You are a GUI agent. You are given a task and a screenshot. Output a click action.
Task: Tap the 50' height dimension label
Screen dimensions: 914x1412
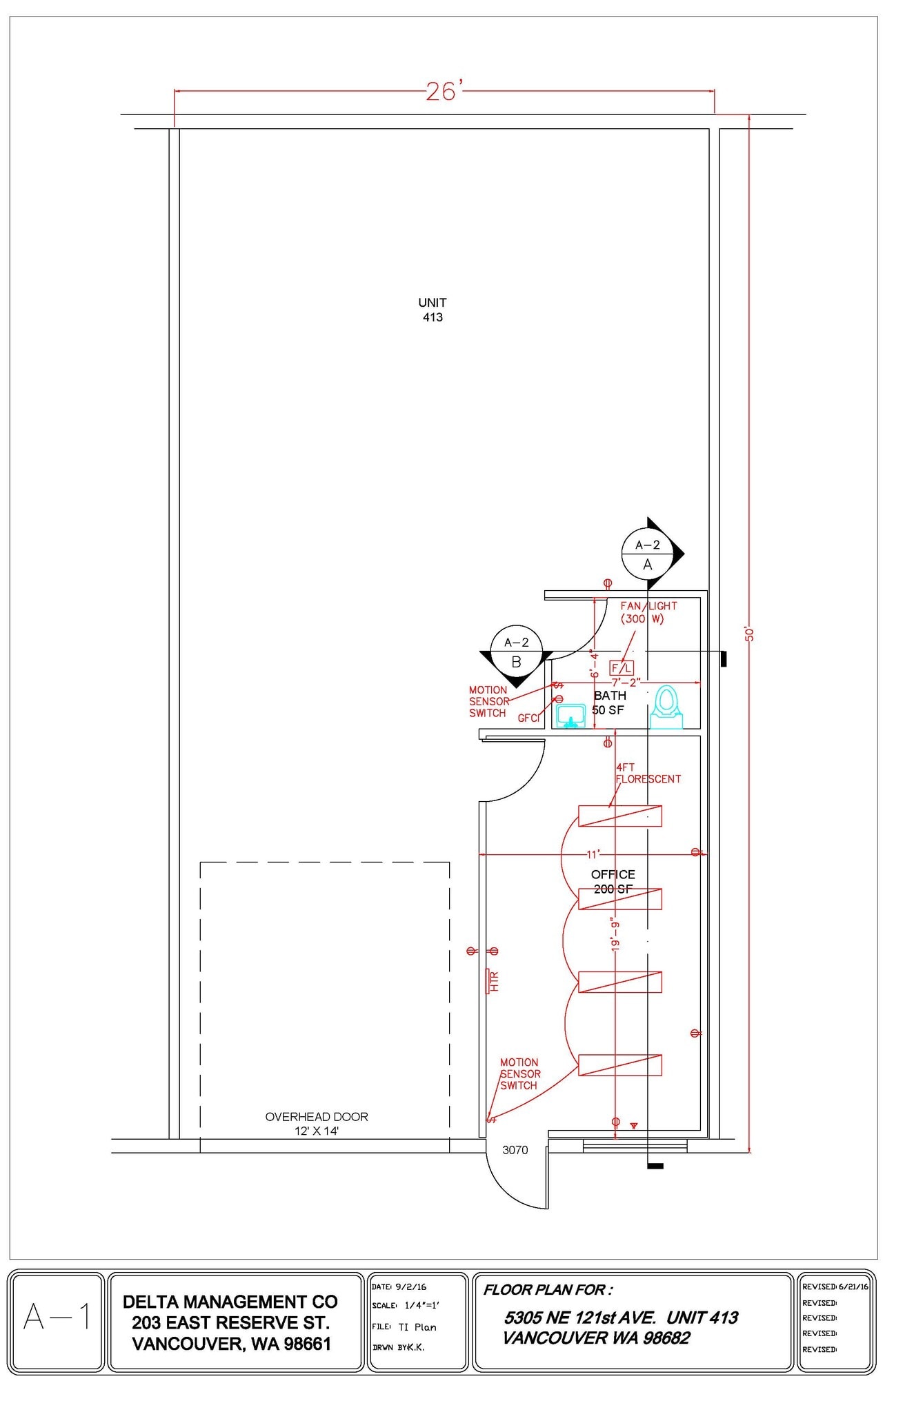pyautogui.click(x=750, y=634)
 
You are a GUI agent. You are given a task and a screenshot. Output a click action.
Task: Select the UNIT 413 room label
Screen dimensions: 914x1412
pyautogui.click(x=433, y=310)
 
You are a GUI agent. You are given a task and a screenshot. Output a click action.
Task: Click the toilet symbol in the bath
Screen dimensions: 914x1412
pyautogui.click(x=666, y=707)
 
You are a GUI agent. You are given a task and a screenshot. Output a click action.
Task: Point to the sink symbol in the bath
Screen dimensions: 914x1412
pyautogui.click(x=571, y=716)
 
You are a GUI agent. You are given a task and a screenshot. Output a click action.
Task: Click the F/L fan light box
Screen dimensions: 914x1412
pyautogui.click(x=622, y=667)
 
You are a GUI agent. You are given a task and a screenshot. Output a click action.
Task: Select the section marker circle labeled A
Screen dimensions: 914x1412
pyautogui.click(x=647, y=554)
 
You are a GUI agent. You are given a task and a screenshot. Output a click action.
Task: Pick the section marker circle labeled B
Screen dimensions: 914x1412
pyautogui.click(x=516, y=652)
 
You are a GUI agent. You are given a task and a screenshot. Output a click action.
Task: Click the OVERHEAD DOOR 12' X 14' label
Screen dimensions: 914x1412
pyautogui.click(x=317, y=1123)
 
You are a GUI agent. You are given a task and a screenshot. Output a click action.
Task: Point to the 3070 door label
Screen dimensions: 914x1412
pyautogui.click(x=515, y=1149)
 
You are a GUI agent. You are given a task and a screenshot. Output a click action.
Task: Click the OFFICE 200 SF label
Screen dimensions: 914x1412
pyautogui.click(x=613, y=882)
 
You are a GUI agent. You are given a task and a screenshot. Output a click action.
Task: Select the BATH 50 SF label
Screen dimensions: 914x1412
pyautogui.click(x=609, y=703)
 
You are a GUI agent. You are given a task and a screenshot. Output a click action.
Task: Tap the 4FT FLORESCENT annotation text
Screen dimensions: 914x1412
pyautogui.click(x=648, y=773)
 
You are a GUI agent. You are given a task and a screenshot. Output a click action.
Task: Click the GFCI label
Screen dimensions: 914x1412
pyautogui.click(x=528, y=718)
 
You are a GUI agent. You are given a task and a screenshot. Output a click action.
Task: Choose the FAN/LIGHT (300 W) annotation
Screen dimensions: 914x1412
pyautogui.click(x=648, y=612)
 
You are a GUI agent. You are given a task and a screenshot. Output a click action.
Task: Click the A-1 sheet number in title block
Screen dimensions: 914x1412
pyautogui.click(x=57, y=1316)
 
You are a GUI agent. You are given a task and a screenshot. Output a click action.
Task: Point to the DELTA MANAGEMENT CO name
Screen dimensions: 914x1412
pyautogui.click(x=230, y=1302)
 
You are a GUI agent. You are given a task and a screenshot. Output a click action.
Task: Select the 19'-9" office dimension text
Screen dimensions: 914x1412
pyautogui.click(x=616, y=935)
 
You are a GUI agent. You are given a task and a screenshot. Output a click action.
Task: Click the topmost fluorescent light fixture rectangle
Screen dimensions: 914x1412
pyautogui.click(x=620, y=816)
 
